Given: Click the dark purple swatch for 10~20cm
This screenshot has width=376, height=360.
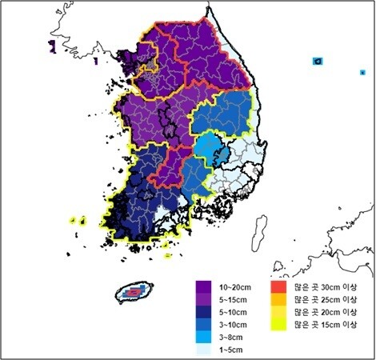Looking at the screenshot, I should [x=203, y=286].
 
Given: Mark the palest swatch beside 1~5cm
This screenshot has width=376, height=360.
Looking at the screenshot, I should [x=203, y=350].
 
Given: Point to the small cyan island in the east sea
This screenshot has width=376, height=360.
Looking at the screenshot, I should [x=318, y=61].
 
